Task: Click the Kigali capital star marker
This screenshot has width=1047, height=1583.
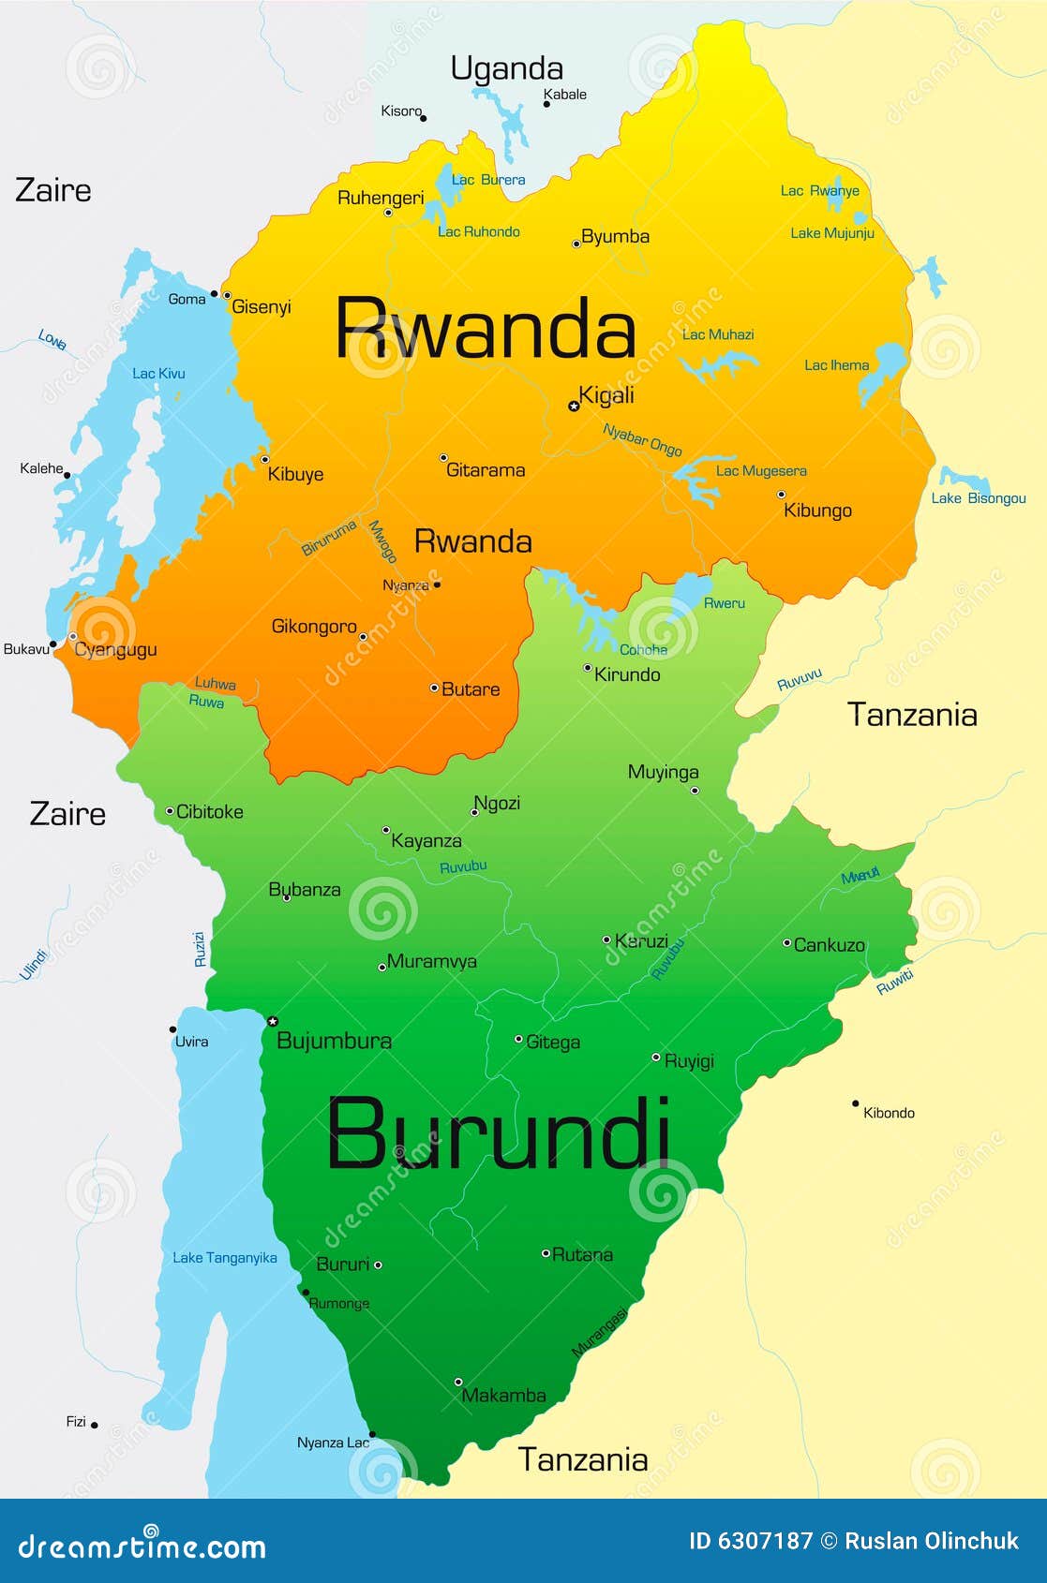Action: (x=574, y=406)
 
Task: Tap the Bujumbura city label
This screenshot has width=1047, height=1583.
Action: (x=334, y=1040)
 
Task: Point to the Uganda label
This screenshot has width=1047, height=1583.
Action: (x=506, y=68)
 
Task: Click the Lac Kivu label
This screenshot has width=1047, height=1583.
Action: (x=158, y=373)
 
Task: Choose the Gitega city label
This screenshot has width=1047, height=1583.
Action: (x=553, y=1042)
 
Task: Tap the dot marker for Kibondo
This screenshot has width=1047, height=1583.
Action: (x=855, y=1103)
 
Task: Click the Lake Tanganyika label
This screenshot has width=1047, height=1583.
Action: (x=224, y=1257)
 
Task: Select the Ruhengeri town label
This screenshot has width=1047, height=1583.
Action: (x=381, y=198)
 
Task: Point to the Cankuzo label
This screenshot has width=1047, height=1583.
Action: (x=829, y=945)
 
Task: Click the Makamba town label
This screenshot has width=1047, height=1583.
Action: (x=503, y=1395)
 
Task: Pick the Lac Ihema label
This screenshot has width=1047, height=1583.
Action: (x=836, y=365)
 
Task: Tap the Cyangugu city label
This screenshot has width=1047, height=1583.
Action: (x=115, y=649)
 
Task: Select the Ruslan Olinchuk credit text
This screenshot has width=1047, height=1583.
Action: (x=931, y=1541)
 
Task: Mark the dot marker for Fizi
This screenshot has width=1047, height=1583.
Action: (x=95, y=1425)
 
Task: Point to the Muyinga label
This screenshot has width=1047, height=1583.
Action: (x=663, y=772)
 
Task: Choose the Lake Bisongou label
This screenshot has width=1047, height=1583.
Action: (x=979, y=498)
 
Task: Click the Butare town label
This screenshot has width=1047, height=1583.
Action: (x=471, y=689)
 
